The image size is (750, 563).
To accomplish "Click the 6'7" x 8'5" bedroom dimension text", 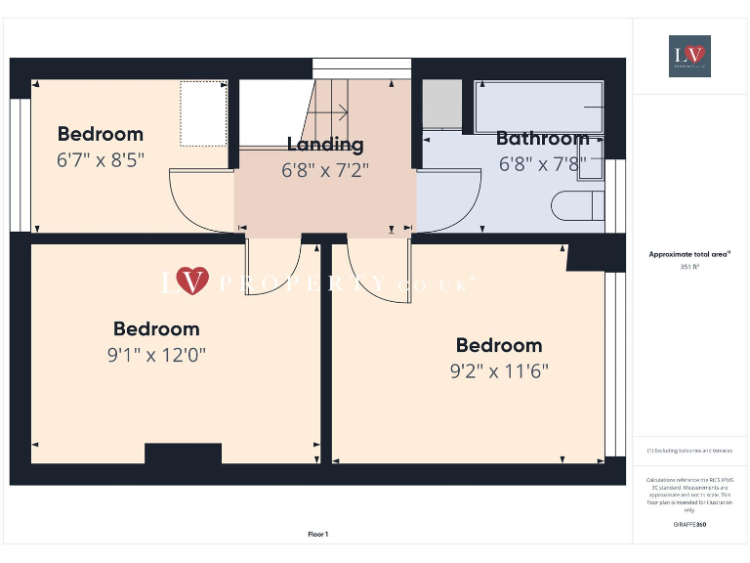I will pos(101,159).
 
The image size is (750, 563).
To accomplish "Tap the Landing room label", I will pos(325,145).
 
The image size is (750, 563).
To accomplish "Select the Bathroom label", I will pos(542,138).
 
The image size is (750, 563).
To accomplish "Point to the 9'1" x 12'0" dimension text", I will pos(156,355).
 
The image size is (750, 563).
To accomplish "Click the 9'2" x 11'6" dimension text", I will pos(499,370).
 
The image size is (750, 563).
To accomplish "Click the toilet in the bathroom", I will pos(577,206).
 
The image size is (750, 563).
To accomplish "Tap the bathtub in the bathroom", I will pos(539,107).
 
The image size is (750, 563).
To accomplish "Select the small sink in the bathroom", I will pos(591,162).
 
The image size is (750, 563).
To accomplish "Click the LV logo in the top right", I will pos(689,56).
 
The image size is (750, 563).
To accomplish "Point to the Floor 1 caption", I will pos(318,534).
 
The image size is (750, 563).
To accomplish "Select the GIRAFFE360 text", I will pos(689,525).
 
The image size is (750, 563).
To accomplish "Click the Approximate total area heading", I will pos(688,254).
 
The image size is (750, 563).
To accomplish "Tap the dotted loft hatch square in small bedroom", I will pos(203,112).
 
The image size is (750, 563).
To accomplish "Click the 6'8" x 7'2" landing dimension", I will pos(325,169).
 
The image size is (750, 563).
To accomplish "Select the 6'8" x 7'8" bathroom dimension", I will pos(542,163).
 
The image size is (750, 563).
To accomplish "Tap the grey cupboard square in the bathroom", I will pos(441,104).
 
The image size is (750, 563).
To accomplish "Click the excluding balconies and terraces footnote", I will pos(689,451).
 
